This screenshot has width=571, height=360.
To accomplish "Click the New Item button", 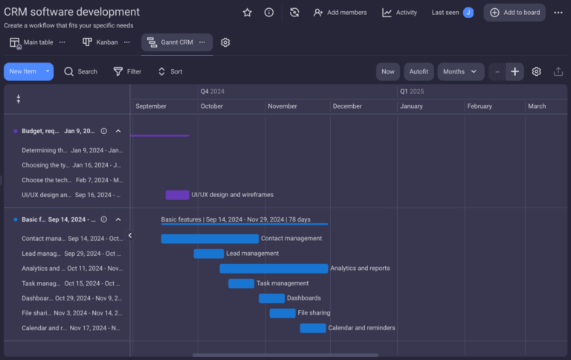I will [23, 71].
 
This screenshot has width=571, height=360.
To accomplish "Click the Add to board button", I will [514, 13].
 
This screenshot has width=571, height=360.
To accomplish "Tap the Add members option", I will [341, 13].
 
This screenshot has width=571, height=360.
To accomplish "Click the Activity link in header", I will [399, 13].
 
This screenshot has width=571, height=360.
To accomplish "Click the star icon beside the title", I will [248, 13].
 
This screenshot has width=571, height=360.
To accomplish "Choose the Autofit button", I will [419, 71].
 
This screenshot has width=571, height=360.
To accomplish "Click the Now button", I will [388, 71].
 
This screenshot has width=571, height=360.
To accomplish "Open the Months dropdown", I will [460, 71].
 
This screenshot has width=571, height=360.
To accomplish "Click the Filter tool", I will [127, 71].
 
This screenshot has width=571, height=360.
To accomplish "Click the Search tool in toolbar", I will [80, 71].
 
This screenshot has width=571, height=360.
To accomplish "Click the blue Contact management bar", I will [210, 239].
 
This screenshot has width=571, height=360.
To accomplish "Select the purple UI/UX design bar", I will [177, 195].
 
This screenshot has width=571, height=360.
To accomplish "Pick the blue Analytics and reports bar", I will [273, 269].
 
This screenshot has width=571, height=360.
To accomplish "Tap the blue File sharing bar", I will [283, 313].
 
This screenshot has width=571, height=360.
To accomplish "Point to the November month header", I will [283, 106].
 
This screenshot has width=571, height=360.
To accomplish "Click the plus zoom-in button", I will [514, 71].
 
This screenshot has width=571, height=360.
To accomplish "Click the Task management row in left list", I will [71, 283].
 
